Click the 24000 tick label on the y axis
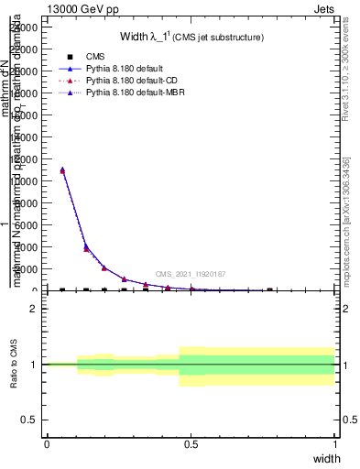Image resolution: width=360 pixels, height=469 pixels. (25, 27)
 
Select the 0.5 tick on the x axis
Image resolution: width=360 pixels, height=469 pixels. (191, 444)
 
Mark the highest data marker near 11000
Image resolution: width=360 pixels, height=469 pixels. (62, 169)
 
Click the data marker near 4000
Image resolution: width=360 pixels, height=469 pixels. (86, 246)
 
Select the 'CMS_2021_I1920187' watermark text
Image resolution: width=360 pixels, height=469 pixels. (190, 274)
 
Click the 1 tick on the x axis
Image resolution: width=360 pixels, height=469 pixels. (334, 444)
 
